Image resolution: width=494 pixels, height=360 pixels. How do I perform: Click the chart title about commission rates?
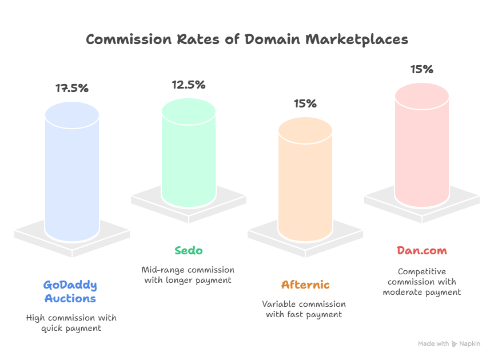[247, 39]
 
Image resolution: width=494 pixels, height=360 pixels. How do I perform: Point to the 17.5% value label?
[71, 89]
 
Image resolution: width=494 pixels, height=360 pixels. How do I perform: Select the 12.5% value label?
[188, 85]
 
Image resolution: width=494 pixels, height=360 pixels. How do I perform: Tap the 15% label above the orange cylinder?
[305, 103]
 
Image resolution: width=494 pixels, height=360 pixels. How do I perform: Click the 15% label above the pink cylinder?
[421, 70]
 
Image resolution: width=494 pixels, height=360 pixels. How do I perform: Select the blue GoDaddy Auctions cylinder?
[72, 171]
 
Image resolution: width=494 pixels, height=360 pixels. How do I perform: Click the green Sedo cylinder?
[188, 151]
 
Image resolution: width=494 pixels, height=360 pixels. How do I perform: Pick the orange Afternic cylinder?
[305, 177]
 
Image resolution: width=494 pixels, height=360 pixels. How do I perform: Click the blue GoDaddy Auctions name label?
[70, 291]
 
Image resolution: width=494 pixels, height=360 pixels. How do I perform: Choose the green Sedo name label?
[188, 250]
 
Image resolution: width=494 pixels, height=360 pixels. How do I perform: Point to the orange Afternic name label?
[305, 285]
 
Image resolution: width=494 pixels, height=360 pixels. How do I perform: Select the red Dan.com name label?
[422, 250]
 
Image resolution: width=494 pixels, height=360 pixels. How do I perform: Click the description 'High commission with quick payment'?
[71, 323]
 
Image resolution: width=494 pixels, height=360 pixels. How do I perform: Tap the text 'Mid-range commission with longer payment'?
[188, 275]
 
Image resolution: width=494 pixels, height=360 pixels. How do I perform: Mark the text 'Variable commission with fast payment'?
[304, 309]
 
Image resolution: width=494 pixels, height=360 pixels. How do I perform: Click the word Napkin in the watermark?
[471, 344]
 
